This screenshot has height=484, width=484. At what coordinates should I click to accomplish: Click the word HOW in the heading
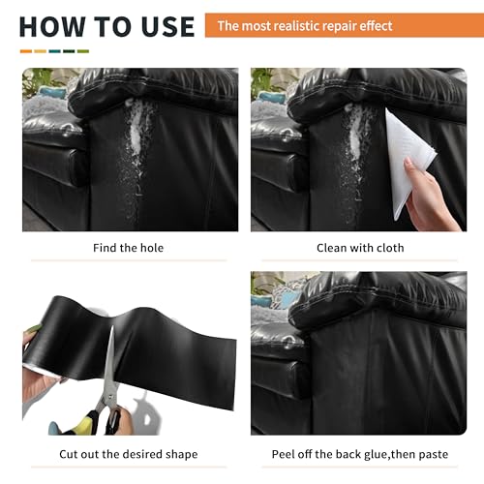pos(52,26)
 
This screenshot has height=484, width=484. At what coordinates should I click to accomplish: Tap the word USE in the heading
pos(167,26)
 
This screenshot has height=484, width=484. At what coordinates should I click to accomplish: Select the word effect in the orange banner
pos(376,26)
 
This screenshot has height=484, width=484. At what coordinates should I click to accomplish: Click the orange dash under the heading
pos(26,51)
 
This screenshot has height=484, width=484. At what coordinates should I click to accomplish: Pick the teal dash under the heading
pos(54,51)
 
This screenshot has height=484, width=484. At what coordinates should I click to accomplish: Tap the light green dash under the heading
pos(83,51)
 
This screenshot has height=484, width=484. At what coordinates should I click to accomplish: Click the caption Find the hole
pos(128,248)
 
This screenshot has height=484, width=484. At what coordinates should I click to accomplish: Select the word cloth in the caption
pos(390,248)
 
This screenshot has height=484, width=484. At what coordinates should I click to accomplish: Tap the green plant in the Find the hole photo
pos(37,79)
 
